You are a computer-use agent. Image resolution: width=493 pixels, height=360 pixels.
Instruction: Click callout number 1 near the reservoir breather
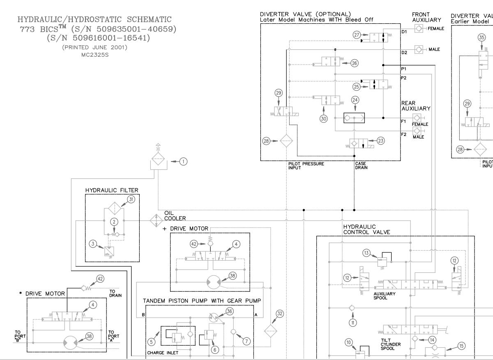(184, 162)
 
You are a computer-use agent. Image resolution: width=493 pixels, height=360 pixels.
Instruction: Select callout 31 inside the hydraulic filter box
(131, 199)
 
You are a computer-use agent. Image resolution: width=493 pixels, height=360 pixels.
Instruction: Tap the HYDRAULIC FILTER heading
(112, 190)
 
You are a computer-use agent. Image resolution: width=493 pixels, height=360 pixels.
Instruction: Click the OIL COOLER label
(172, 216)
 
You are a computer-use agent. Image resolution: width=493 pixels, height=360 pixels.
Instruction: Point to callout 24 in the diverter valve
(355, 100)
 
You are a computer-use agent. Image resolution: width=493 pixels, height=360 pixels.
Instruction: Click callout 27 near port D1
(356, 35)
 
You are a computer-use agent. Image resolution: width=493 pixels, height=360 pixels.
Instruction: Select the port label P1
(404, 69)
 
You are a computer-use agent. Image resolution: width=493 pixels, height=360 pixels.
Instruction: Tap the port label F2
(404, 134)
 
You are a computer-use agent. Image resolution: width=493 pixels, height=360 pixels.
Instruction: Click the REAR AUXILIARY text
(416, 106)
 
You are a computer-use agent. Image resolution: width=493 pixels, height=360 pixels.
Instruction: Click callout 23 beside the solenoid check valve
(381, 141)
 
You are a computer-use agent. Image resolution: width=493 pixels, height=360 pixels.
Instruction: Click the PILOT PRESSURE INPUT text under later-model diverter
(306, 165)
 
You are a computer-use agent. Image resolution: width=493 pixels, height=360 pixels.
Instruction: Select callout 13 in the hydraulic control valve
(366, 253)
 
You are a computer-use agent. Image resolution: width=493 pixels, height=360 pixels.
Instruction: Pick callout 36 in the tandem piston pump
(229, 311)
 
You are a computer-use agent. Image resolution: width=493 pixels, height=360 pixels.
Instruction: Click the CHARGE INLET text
(163, 352)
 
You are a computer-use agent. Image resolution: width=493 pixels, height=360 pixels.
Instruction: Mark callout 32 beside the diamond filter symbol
(280, 314)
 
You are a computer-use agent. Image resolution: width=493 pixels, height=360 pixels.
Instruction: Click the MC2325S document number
(94, 53)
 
